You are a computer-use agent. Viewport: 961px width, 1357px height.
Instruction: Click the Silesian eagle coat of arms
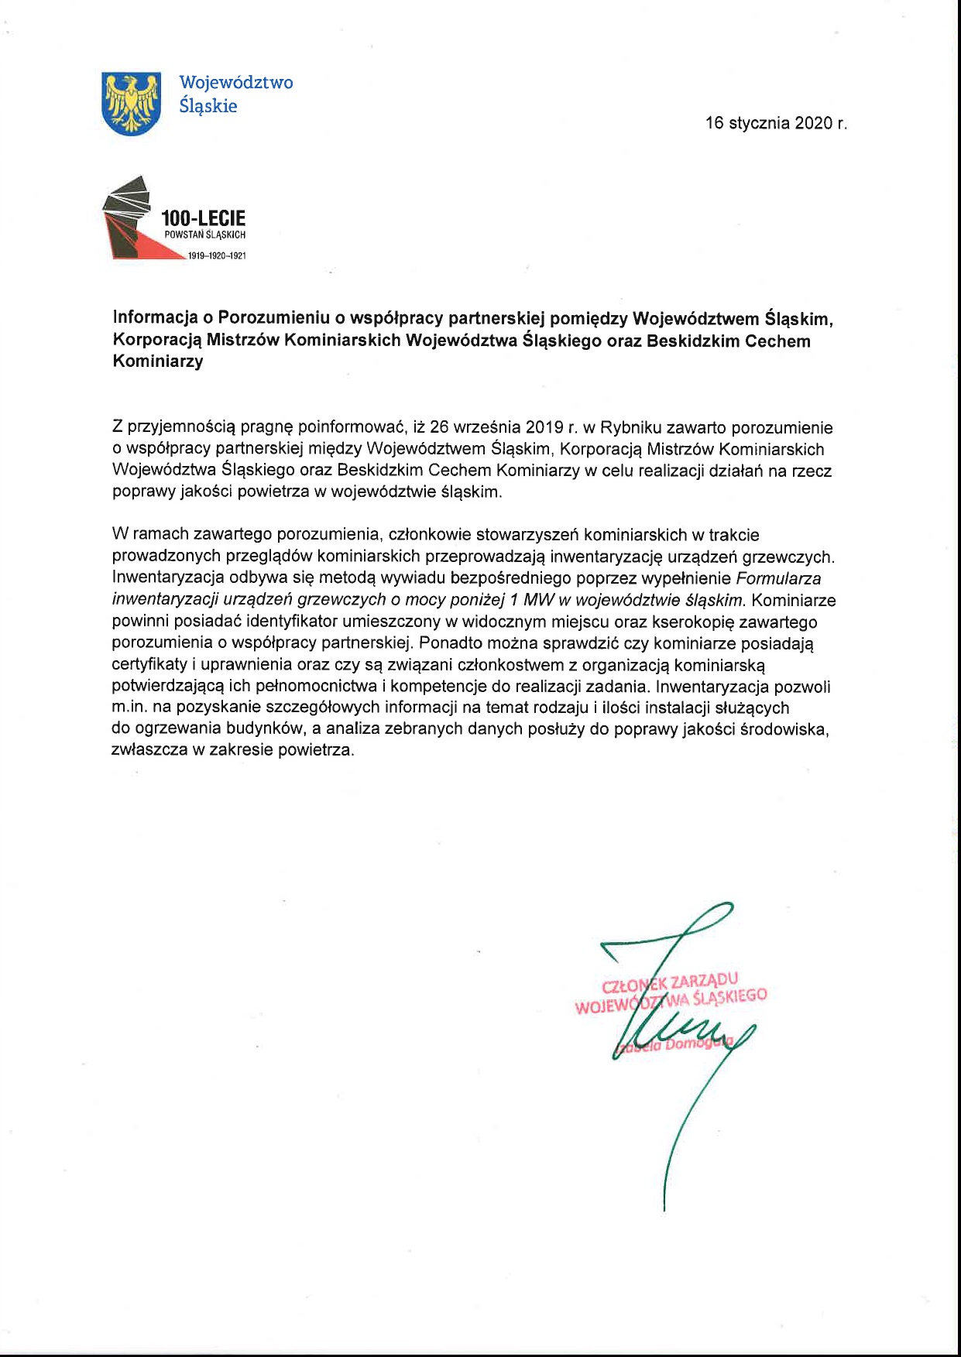131,102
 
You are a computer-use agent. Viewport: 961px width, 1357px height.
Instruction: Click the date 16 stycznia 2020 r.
776,123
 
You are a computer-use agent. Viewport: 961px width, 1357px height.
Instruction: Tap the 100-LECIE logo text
203,218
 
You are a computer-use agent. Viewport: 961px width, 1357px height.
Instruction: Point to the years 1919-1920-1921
217,255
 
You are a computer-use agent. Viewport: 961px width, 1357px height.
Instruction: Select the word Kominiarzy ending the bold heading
158,362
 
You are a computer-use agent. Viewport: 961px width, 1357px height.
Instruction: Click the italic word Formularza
778,578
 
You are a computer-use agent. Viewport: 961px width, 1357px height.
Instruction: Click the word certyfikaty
149,664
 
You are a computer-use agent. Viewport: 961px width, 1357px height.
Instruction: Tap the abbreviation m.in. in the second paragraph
129,708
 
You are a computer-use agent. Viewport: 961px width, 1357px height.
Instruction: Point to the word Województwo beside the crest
236,82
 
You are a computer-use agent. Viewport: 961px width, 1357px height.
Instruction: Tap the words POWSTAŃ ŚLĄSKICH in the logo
204,235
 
